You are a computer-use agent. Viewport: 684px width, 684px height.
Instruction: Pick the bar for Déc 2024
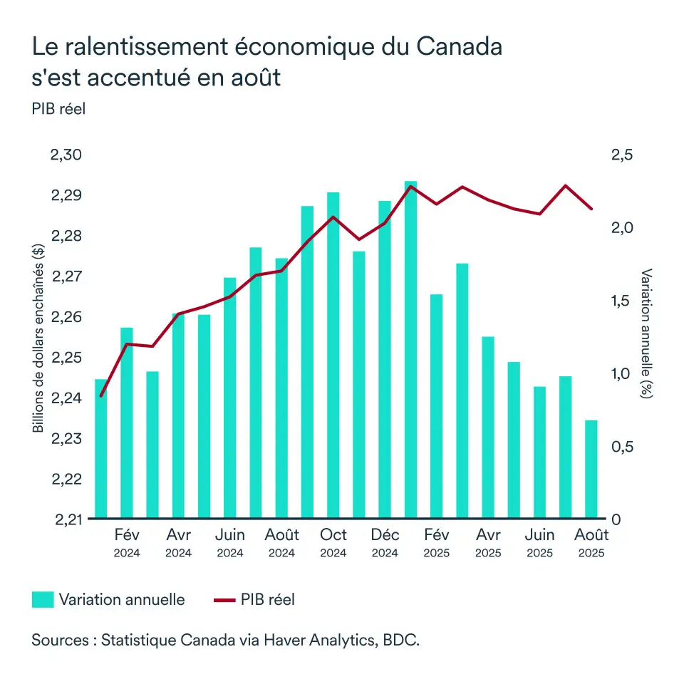[x=385, y=359]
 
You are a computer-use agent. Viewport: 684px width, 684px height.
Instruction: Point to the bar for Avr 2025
[x=488, y=427]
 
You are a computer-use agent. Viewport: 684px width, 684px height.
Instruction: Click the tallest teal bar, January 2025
[x=410, y=349]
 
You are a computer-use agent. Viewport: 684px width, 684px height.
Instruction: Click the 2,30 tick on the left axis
[x=67, y=156]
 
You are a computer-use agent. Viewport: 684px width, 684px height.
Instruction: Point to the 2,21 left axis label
[x=67, y=519]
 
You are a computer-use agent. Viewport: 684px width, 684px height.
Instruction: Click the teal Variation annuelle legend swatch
[x=42, y=600]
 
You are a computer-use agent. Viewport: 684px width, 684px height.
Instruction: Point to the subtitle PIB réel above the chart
[x=58, y=109]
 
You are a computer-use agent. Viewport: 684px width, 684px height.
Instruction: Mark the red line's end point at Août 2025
[x=591, y=209]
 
